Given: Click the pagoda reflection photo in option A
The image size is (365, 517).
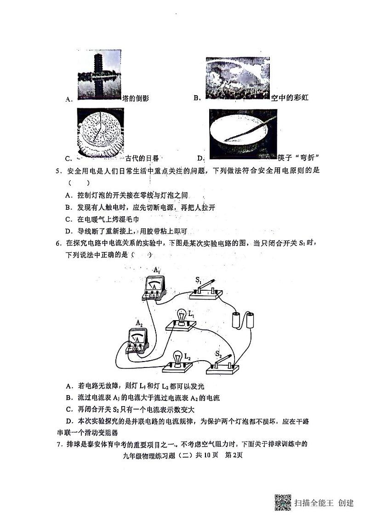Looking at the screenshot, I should tap(99, 75).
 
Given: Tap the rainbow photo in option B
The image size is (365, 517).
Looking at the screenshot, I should tap(237, 78).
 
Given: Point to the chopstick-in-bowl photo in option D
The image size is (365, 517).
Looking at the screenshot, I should tap(243, 134).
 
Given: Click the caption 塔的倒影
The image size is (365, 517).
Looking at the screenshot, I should tap(136, 98).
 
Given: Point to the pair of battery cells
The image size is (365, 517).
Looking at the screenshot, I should tap(244, 319).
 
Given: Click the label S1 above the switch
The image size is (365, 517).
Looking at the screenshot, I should tap(199, 280).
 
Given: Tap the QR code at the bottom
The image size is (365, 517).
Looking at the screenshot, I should tap(283, 502).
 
